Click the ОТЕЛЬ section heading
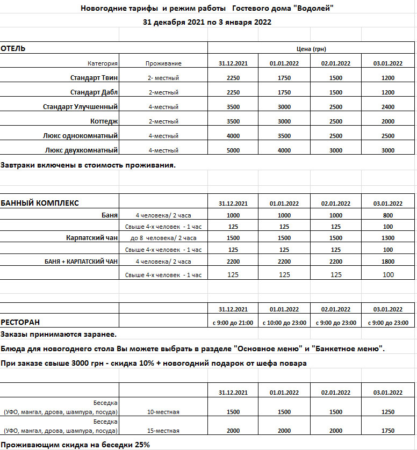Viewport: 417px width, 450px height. [x=13, y=49]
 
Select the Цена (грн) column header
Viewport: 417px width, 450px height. [x=311, y=49]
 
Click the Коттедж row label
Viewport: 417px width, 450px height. [x=103, y=121]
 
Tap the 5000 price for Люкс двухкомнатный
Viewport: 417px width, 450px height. [x=233, y=150]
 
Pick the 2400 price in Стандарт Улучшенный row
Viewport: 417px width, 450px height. [x=387, y=107]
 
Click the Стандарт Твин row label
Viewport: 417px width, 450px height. [x=94, y=78]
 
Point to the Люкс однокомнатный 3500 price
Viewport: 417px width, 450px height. [x=284, y=136]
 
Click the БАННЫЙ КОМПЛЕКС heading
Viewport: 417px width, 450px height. [x=40, y=203]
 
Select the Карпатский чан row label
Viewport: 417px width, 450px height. [x=91, y=237]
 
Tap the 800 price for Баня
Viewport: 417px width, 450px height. [x=387, y=215]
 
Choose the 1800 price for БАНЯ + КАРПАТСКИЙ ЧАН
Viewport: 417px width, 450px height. [x=387, y=262]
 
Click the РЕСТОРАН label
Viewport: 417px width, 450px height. [x=20, y=322]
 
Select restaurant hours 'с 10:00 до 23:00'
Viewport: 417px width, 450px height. [x=284, y=323]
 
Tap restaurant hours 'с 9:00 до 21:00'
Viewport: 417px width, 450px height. [x=233, y=323]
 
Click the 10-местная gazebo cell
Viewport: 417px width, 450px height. [x=163, y=412]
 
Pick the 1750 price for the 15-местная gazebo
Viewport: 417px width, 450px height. [x=387, y=431]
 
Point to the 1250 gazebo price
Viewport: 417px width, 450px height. [x=387, y=412]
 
